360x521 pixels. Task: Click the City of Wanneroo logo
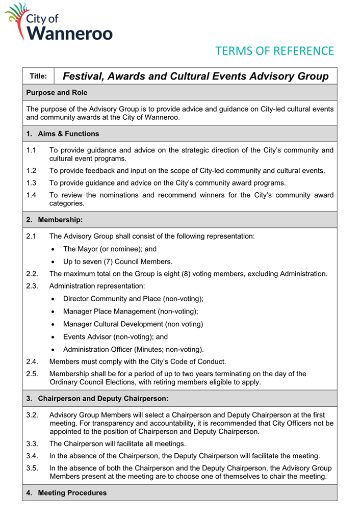click(x=58, y=22)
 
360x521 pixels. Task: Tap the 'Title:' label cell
click(x=38, y=76)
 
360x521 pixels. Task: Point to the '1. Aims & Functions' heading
click(x=62, y=134)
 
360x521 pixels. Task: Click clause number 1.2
click(x=31, y=170)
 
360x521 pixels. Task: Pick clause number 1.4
click(x=31, y=195)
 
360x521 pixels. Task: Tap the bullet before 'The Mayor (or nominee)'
click(x=54, y=250)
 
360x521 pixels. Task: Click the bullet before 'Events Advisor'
click(x=54, y=337)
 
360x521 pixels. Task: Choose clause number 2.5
click(x=32, y=374)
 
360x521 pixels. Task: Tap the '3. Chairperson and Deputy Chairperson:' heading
click(x=97, y=397)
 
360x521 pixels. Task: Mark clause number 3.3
click(x=32, y=444)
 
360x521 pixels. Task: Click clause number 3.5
click(x=32, y=468)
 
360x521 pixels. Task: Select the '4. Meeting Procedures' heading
click(x=66, y=493)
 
